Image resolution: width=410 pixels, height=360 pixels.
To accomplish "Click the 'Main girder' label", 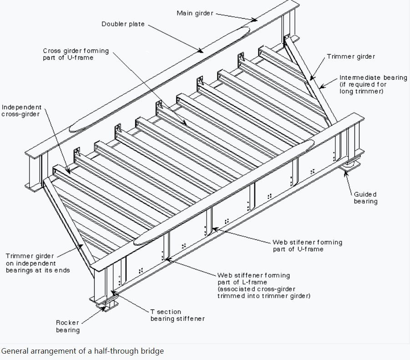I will (x=194, y=13).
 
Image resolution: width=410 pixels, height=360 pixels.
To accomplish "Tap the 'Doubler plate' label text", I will (x=123, y=24).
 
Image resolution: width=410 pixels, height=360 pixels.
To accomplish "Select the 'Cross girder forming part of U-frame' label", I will (x=76, y=55).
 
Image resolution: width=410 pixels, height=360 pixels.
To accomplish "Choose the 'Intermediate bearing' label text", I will (x=373, y=84).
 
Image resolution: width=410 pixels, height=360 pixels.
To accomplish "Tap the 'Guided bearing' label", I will (x=366, y=198).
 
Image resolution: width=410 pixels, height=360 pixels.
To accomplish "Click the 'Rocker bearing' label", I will (x=68, y=326).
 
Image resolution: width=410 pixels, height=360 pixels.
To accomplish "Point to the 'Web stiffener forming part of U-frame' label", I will (x=307, y=246).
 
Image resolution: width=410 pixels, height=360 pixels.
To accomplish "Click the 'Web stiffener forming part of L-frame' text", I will (x=263, y=285).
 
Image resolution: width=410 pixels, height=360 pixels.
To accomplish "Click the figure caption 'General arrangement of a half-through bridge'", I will (x=82, y=351).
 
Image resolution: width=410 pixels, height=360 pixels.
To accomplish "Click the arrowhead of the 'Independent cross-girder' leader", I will (x=68, y=173).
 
